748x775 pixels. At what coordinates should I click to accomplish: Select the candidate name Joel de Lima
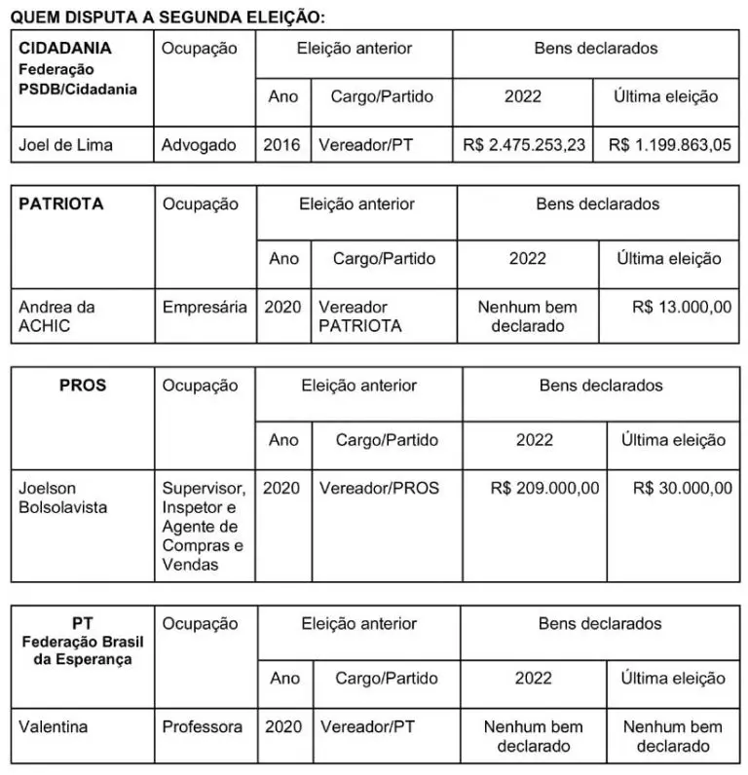tap(66, 145)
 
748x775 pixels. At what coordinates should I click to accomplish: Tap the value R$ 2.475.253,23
tap(524, 145)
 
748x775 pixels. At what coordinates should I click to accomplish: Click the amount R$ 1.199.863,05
tap(669, 145)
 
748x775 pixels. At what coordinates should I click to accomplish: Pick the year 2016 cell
tap(282, 145)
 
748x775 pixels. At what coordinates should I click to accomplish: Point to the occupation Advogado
tap(200, 145)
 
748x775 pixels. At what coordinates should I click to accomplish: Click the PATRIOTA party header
tap(61, 204)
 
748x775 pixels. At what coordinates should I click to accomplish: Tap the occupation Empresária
tap(205, 307)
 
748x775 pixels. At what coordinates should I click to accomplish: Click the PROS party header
tap(83, 385)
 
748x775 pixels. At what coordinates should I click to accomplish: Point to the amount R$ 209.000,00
tap(545, 487)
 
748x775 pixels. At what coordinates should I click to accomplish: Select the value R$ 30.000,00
tap(682, 487)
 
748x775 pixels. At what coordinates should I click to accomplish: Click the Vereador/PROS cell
tap(379, 487)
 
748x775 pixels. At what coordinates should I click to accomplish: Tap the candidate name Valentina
tap(54, 726)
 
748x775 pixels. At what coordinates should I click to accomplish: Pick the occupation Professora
tap(203, 726)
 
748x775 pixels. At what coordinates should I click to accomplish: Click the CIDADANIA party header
tap(65, 48)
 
